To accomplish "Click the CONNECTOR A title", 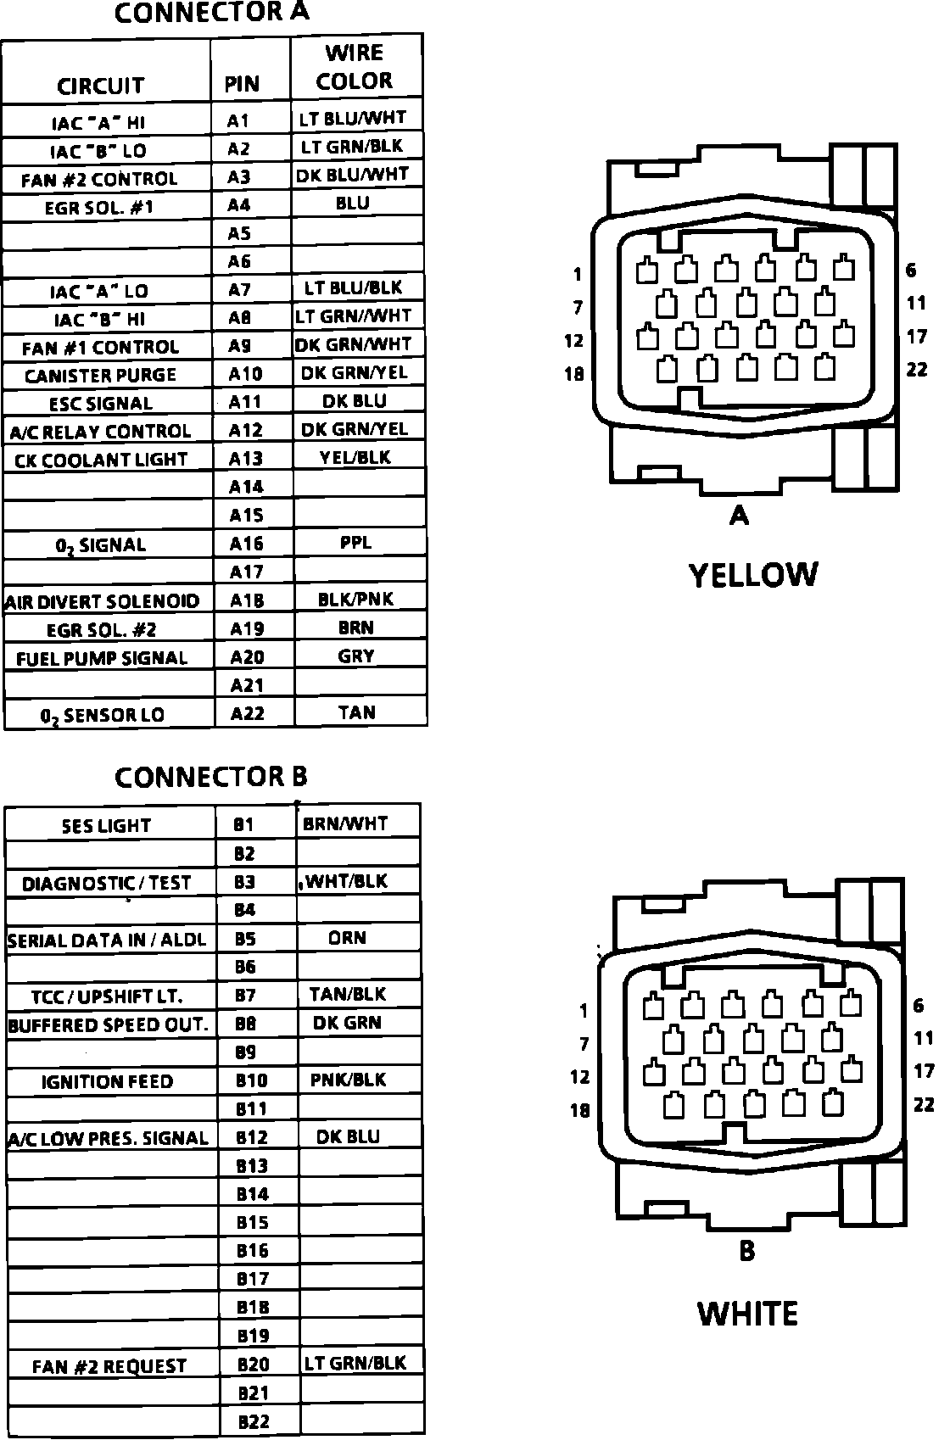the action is (x=211, y=13).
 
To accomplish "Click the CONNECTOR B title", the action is (x=210, y=777).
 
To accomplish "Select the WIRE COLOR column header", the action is (x=355, y=67).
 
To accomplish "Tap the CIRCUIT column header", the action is (x=101, y=86).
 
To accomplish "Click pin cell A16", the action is (x=247, y=544).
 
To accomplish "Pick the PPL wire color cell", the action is (x=355, y=542).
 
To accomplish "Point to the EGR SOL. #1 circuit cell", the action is (x=99, y=207).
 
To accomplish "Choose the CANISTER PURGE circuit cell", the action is (x=100, y=375).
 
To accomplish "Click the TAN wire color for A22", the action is (x=356, y=712).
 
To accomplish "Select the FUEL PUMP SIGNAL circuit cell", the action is (x=102, y=658).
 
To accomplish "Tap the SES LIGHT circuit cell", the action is (x=106, y=825).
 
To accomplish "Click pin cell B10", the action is (x=251, y=1080).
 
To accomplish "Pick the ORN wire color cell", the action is (x=348, y=938).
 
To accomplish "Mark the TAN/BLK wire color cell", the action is (x=348, y=994).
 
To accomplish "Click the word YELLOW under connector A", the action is (x=753, y=575).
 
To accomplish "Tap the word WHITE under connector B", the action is (x=748, y=1314).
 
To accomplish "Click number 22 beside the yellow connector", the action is (x=917, y=370).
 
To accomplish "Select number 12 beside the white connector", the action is (x=579, y=1077).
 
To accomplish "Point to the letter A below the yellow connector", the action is (x=739, y=514).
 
